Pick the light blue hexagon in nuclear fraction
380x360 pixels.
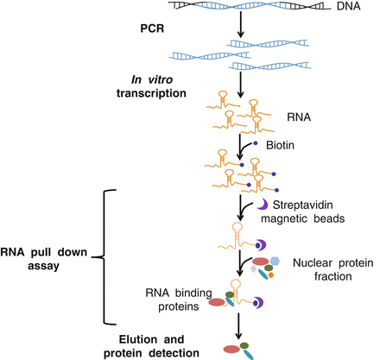click(275, 262)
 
